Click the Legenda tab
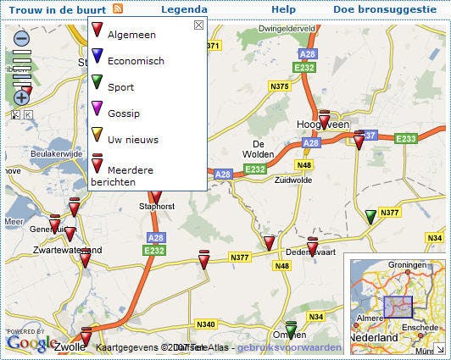184,8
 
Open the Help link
283,8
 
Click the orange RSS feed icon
117,8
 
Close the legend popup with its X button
198,25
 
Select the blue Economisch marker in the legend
97,57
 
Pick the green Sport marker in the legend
97,83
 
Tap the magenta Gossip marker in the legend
97,109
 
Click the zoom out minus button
22,38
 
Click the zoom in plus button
22,97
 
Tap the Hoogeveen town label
322,125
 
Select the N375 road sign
279,86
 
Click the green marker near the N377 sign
370,217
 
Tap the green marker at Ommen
292,329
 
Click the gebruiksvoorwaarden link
289,347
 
